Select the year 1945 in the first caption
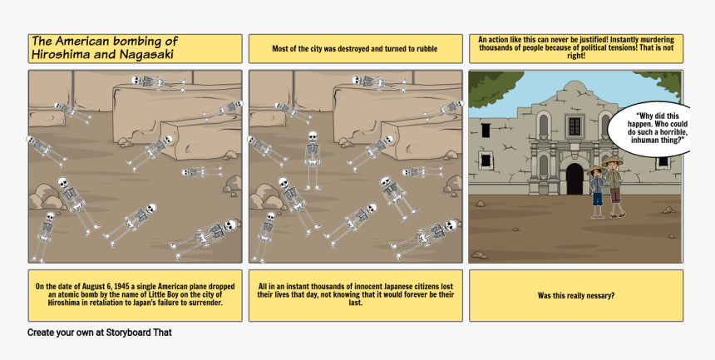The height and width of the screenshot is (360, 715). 121,287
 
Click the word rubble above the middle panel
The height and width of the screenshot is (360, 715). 426,49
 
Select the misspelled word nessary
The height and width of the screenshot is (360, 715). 600,296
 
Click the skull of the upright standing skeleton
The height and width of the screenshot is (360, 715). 313,136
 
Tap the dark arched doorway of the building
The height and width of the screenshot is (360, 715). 574,179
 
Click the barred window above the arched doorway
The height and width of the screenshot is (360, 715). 574,126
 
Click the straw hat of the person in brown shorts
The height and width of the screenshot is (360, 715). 613,161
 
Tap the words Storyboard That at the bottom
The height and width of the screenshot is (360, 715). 139,333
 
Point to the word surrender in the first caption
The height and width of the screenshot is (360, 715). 206,303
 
